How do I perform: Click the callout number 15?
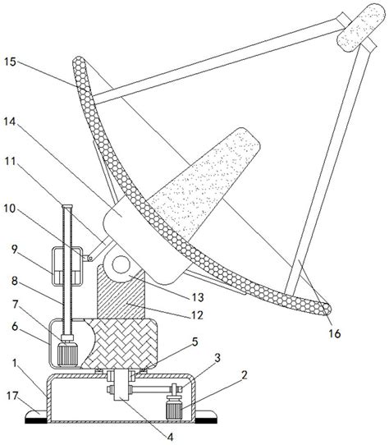tap(10, 62)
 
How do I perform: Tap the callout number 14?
tap(10, 122)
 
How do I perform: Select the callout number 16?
tap(335, 333)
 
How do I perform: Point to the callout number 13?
tap(198, 297)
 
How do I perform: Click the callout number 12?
tap(197, 315)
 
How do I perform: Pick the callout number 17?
tap(12, 396)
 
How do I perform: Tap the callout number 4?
tap(170, 438)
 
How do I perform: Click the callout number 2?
tap(245, 375)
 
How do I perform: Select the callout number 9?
tap(15, 250)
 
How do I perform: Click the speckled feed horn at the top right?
tap(361, 28)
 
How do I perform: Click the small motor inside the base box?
tap(175, 408)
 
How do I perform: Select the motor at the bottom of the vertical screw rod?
tap(67, 352)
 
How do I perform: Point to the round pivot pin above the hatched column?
tap(121, 265)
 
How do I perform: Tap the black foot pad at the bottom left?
tap(36, 420)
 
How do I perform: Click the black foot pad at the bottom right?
tap(207, 420)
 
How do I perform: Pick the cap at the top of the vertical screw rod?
tap(67, 206)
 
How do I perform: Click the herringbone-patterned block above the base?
tap(120, 344)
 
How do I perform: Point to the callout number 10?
tap(10, 209)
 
